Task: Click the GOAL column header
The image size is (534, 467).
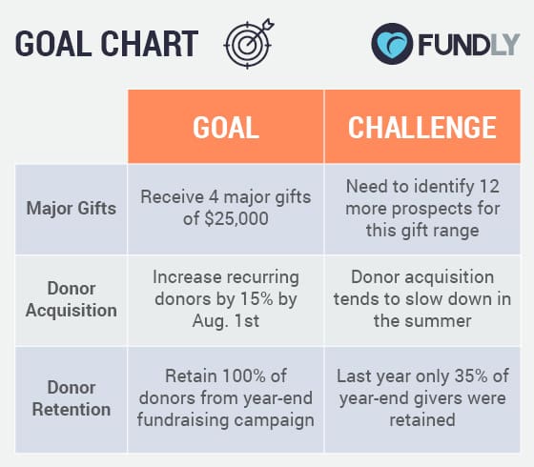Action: tap(226, 128)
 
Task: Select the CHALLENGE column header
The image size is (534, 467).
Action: tap(421, 128)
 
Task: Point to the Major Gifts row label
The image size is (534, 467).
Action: tap(72, 208)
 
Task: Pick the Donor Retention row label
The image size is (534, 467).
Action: tap(72, 398)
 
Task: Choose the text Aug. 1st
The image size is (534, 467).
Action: tap(226, 321)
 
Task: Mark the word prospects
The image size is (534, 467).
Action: tap(421, 208)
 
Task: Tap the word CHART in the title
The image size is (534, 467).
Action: tap(152, 44)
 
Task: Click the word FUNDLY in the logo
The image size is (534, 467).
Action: tap(467, 44)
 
